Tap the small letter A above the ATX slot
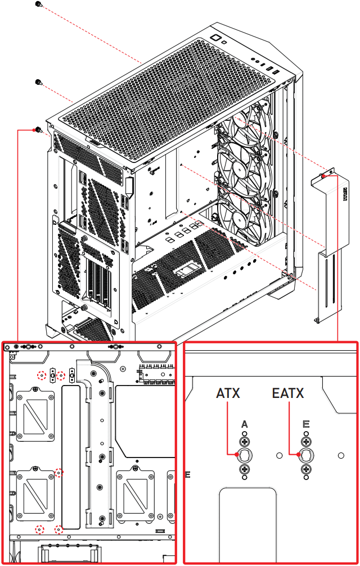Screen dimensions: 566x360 244,423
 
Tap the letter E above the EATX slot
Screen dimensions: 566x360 306,423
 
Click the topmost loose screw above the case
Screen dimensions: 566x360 38,4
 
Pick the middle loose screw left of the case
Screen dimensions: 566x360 38,82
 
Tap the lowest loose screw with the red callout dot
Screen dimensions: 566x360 38,130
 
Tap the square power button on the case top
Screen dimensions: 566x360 215,38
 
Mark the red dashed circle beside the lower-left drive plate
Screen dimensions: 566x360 60,473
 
